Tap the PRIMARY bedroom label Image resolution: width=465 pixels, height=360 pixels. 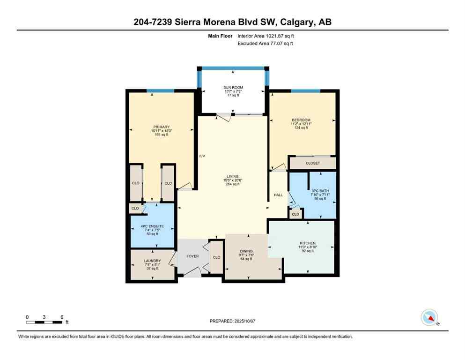161,127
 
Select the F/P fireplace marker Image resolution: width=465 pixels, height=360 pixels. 202,156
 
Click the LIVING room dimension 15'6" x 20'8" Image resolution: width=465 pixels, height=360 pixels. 232,180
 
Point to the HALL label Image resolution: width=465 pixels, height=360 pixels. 278,195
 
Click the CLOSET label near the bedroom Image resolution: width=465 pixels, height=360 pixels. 312,163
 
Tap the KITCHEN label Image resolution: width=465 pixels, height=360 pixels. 308,243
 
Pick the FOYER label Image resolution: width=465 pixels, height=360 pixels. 193,256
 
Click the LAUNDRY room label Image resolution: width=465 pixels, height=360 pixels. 153,261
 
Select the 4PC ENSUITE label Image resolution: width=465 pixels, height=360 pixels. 153,226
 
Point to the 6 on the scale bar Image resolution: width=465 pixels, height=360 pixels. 62,317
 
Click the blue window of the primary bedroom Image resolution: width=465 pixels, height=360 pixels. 160,90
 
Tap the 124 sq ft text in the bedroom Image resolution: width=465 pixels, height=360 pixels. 302,127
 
